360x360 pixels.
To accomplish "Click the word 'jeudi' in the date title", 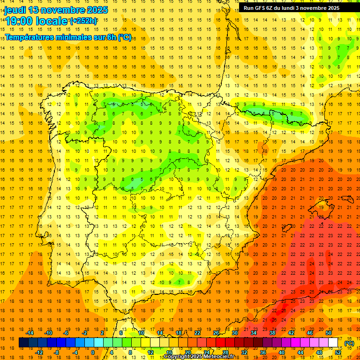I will (15, 10).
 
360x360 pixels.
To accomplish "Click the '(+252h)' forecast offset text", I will (83, 21).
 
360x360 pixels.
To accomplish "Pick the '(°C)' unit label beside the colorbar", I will (349, 343).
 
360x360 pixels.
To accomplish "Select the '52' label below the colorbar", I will (338, 352).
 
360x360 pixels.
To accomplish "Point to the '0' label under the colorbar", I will (92, 352).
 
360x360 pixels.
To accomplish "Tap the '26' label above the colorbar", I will (216, 333).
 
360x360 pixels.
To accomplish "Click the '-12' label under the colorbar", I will (39, 352).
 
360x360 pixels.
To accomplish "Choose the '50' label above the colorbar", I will (329, 333).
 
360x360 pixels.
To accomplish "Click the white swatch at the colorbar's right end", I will (333, 343).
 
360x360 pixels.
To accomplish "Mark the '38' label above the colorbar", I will (272, 333).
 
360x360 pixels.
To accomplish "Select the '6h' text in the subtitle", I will (111, 37).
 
